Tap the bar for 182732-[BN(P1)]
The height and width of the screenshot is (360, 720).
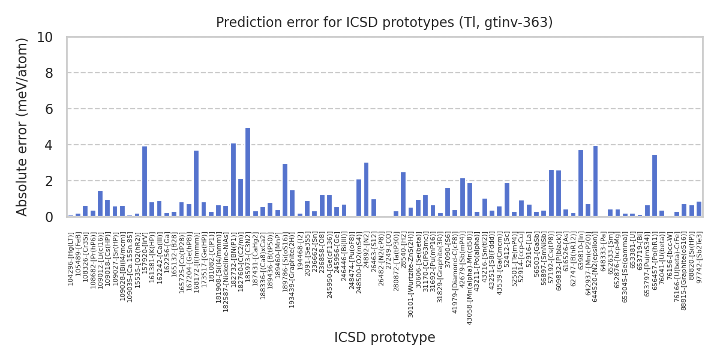click(233, 180)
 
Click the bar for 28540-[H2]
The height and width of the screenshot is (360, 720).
click(403, 194)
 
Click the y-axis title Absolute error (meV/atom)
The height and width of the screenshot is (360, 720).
click(23, 127)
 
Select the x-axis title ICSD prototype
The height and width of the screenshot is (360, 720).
click(385, 338)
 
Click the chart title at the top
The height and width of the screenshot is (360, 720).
click(385, 23)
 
